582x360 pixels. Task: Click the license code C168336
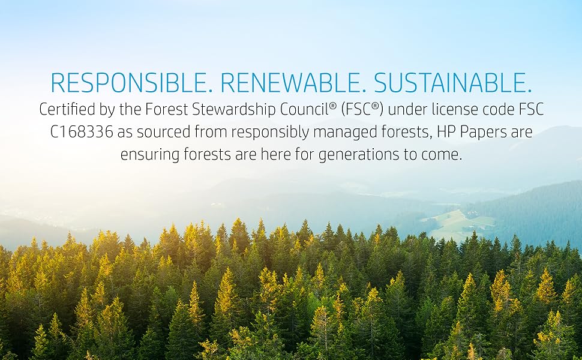[x=82, y=132]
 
